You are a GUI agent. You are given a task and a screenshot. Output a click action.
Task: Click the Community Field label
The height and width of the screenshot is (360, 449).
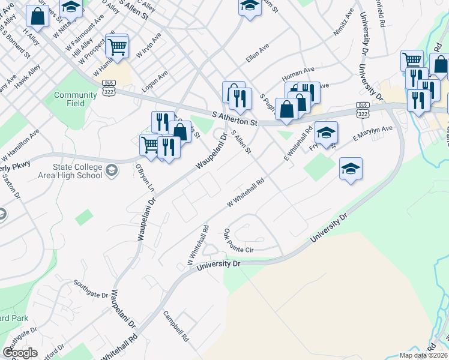pyautogui.click(x=75, y=99)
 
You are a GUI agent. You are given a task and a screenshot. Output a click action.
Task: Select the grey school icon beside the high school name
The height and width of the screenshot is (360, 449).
pyautogui.click(x=112, y=172)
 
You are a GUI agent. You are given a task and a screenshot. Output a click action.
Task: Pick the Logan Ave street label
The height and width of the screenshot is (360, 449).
pyautogui.click(x=154, y=80)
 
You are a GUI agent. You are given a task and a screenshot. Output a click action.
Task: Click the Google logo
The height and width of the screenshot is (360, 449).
pyautogui.click(x=20, y=352)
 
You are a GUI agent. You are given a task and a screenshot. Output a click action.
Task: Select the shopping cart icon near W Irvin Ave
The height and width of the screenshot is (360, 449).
pyautogui.click(x=117, y=46)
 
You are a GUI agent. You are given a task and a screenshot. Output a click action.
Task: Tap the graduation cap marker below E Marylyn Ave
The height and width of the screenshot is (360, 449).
pyautogui.click(x=351, y=169)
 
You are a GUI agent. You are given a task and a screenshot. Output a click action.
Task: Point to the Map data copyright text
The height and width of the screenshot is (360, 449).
pyautogui.click(x=424, y=355)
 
